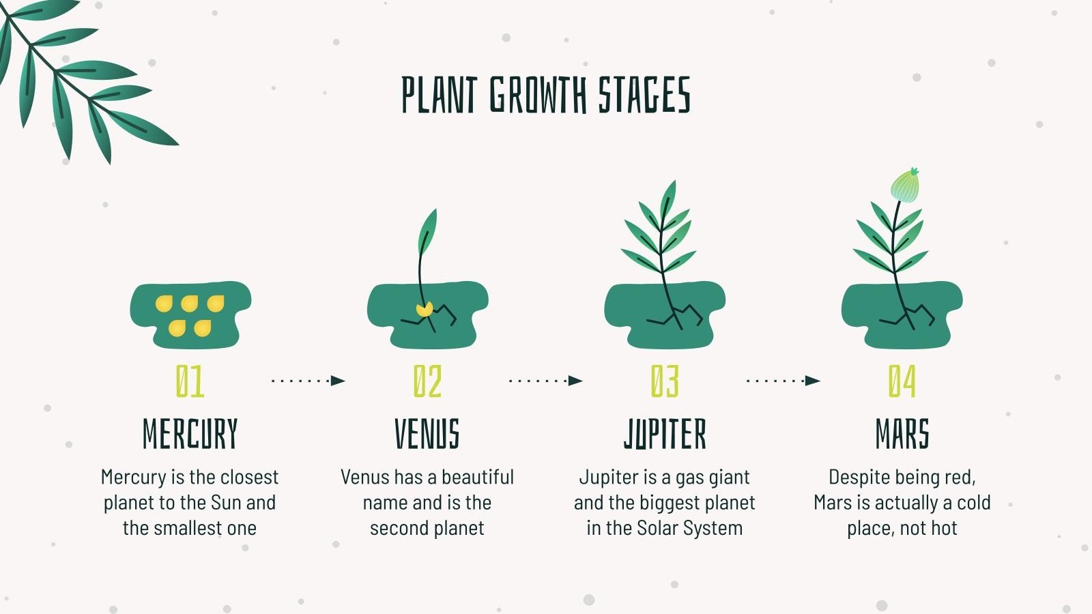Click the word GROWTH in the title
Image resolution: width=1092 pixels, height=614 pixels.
538,95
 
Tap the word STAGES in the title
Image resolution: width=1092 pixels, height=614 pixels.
644,95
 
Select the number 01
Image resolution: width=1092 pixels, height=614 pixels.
190,381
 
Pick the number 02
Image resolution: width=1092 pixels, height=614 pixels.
427,381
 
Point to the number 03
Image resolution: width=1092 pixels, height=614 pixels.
665,381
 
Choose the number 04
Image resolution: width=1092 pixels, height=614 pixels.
902,381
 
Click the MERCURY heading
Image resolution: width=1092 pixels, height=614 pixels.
190,434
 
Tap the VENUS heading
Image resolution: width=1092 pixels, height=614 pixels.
427,434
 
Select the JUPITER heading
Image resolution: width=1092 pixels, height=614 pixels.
665,434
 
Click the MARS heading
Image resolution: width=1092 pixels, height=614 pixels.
902,434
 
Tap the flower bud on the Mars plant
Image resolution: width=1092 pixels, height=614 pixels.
905,185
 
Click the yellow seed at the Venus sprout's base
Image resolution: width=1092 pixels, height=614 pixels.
425,310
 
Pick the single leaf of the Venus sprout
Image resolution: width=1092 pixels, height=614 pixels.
427,232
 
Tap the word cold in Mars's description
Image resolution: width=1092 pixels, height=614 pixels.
974,503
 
